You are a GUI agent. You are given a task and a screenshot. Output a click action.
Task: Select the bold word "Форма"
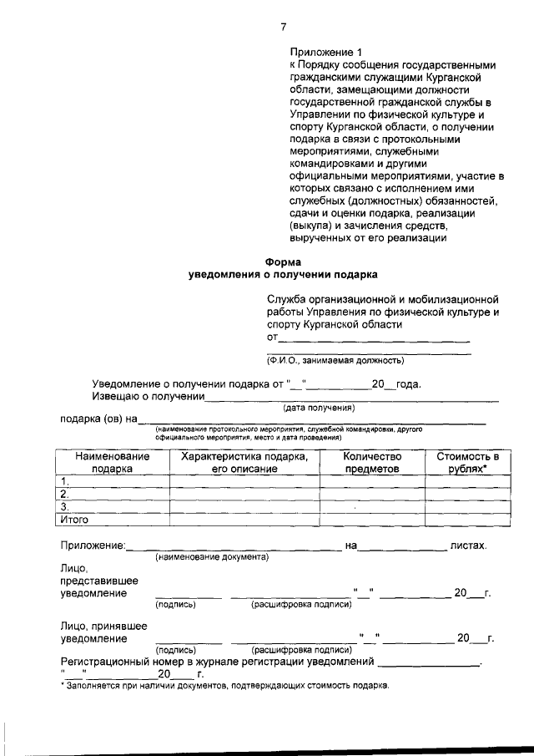(282, 261)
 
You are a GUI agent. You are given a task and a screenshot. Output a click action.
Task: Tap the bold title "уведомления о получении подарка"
(282, 274)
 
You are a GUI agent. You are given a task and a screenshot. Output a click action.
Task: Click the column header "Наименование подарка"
(112, 463)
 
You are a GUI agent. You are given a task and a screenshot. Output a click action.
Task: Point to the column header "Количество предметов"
(372, 463)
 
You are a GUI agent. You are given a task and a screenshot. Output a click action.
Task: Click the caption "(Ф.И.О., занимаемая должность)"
(335, 361)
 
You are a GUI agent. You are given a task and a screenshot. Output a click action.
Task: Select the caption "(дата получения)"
(319, 408)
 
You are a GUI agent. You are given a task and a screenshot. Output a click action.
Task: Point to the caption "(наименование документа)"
(212, 556)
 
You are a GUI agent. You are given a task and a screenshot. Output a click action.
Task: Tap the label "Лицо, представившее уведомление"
(98, 581)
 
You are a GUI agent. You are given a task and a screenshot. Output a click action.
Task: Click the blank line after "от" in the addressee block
(373, 340)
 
